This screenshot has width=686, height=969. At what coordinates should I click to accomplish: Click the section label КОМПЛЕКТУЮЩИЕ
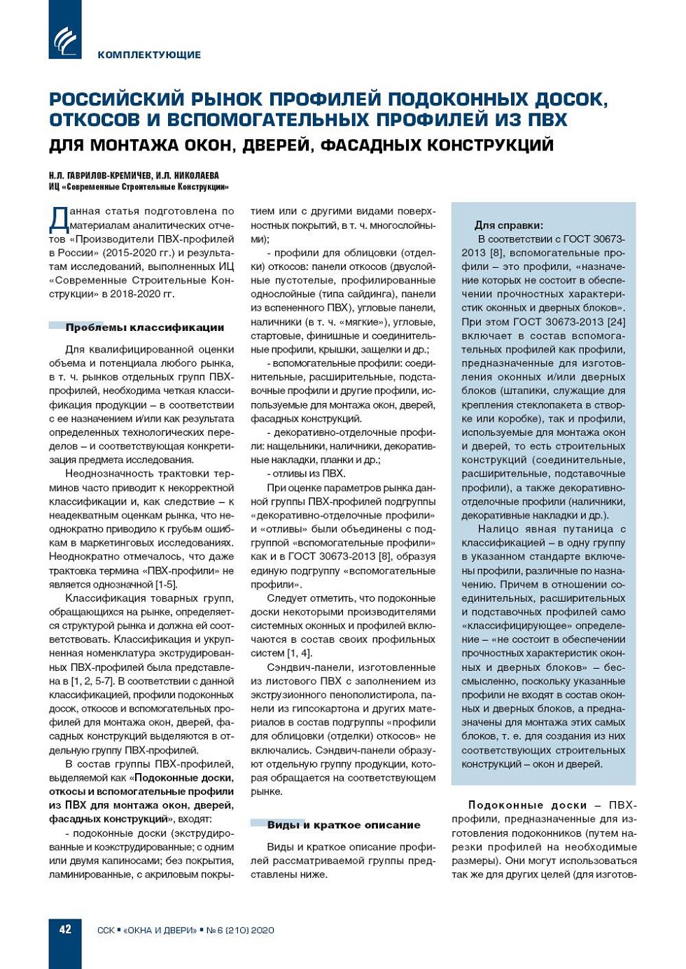point(149,55)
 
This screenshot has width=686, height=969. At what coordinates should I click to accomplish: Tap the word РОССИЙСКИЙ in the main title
point(112,99)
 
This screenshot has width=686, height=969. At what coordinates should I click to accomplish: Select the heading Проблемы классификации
point(145,327)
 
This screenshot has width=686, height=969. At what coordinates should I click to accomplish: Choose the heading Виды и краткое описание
point(343,825)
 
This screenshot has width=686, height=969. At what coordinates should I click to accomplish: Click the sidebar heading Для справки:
point(509,225)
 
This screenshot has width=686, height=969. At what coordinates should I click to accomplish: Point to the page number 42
point(65,930)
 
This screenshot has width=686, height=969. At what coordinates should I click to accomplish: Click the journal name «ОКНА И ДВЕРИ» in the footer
point(160,931)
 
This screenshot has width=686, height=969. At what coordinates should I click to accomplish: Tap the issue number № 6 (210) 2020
point(240,931)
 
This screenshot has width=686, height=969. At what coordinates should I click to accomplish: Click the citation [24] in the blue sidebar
point(616,322)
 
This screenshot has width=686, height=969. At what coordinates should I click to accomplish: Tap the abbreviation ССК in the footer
point(106,931)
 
